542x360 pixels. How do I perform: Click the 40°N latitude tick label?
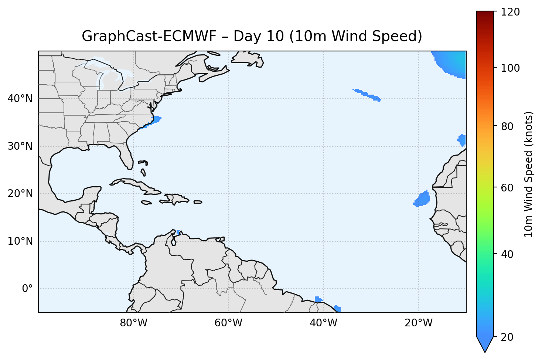pyautogui.click(x=20, y=99)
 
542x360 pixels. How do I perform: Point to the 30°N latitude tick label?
pyautogui.click(x=20, y=146)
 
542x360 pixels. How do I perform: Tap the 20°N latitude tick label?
pyautogui.click(x=20, y=194)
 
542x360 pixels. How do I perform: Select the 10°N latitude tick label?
pyautogui.click(x=20, y=241)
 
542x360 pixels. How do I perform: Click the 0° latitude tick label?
pyautogui.click(x=27, y=289)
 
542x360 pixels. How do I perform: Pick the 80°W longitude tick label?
pyautogui.click(x=133, y=323)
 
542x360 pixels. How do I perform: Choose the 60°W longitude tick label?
pyautogui.click(x=228, y=323)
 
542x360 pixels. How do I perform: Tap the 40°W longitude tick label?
pyautogui.click(x=323, y=323)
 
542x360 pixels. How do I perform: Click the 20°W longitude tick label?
pyautogui.click(x=418, y=323)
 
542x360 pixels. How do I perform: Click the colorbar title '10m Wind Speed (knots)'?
pyautogui.click(x=529, y=174)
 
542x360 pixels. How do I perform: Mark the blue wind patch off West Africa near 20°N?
pyautogui.click(x=422, y=199)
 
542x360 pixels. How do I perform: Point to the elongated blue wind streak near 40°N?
pyautogui.click(x=367, y=95)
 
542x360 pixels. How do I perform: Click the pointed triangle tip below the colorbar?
pyautogui.click(x=485, y=351)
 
